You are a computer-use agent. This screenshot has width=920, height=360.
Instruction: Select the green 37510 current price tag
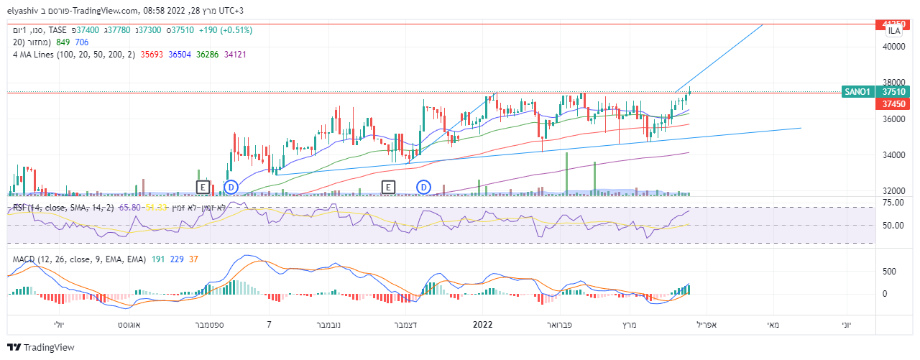(x=893, y=92)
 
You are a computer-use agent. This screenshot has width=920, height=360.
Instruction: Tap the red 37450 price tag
(x=893, y=103)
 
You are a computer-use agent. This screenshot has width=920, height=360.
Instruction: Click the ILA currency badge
(x=894, y=31)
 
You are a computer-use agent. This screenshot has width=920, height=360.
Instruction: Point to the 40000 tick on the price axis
(x=893, y=47)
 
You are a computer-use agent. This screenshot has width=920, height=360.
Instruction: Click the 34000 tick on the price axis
(x=893, y=155)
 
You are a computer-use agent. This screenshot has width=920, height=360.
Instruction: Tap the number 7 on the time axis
(x=269, y=325)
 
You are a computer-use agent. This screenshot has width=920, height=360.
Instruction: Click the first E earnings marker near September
(x=203, y=188)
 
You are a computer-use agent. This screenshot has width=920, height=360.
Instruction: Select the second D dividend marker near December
(x=423, y=188)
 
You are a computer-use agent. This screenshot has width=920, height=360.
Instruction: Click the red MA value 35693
(x=152, y=54)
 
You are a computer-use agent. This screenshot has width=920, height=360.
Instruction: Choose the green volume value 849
(x=63, y=42)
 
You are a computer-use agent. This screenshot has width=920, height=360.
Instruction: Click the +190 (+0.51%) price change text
(x=218, y=30)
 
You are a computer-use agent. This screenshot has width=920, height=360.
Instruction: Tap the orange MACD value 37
(x=193, y=259)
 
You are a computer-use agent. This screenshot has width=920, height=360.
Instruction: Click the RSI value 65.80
(x=129, y=207)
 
